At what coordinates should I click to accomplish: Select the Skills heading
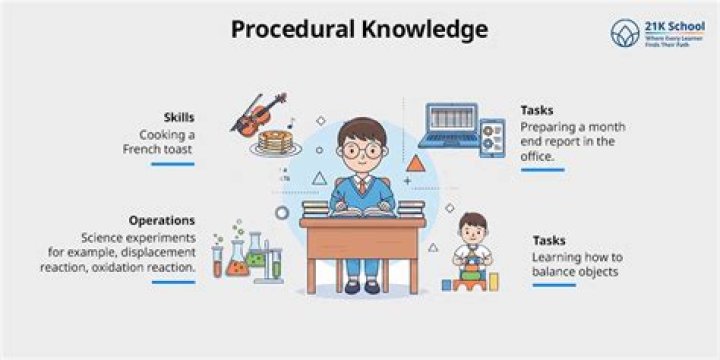[179, 116]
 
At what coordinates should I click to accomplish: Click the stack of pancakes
[272, 143]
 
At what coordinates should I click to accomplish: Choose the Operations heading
[161, 220]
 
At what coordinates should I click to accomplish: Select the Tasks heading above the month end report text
[536, 110]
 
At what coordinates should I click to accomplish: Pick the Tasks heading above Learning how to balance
[549, 240]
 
